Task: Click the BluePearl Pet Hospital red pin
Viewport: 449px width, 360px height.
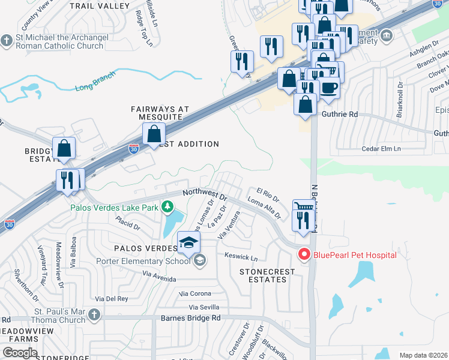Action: point(304,254)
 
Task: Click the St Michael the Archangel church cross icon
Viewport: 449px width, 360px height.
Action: point(7,41)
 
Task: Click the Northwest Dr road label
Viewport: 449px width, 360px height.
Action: point(205,194)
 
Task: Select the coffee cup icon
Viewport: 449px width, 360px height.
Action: point(328,88)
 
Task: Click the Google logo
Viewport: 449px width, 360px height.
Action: point(20,352)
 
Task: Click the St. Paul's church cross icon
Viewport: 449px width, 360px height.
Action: point(93,314)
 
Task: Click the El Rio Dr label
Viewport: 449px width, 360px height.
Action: point(268,196)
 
